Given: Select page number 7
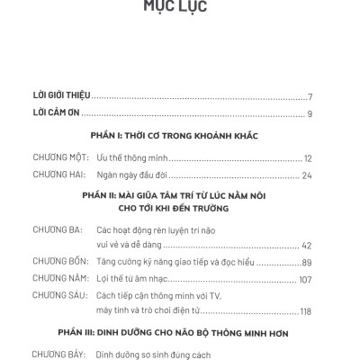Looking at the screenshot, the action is tap(309, 96).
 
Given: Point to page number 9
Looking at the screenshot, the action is tap(309, 114).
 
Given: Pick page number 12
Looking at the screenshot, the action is tap(307, 156).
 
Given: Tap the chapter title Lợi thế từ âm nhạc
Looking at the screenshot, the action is tap(135, 278).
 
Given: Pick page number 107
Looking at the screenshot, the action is tap(304, 278).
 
